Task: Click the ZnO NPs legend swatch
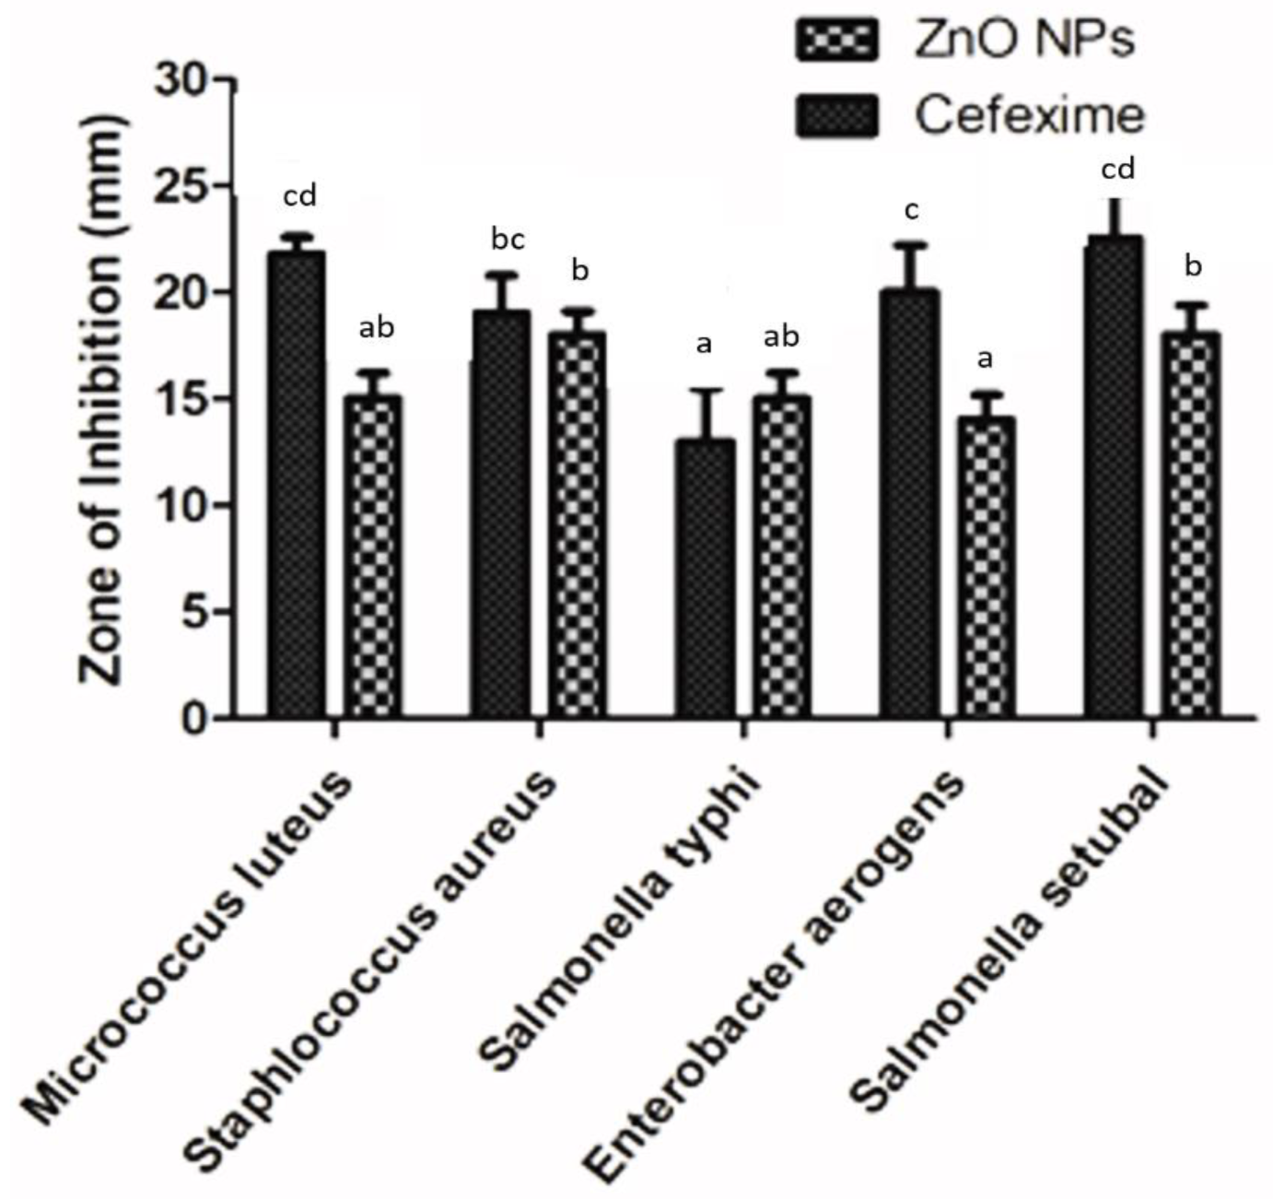point(836,41)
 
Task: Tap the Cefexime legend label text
point(1029,116)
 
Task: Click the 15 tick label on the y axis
point(184,399)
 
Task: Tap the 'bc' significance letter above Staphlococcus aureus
point(508,240)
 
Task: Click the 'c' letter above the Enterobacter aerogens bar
point(911,211)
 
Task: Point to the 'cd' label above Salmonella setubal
point(1118,170)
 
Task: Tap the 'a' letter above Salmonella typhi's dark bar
point(705,346)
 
